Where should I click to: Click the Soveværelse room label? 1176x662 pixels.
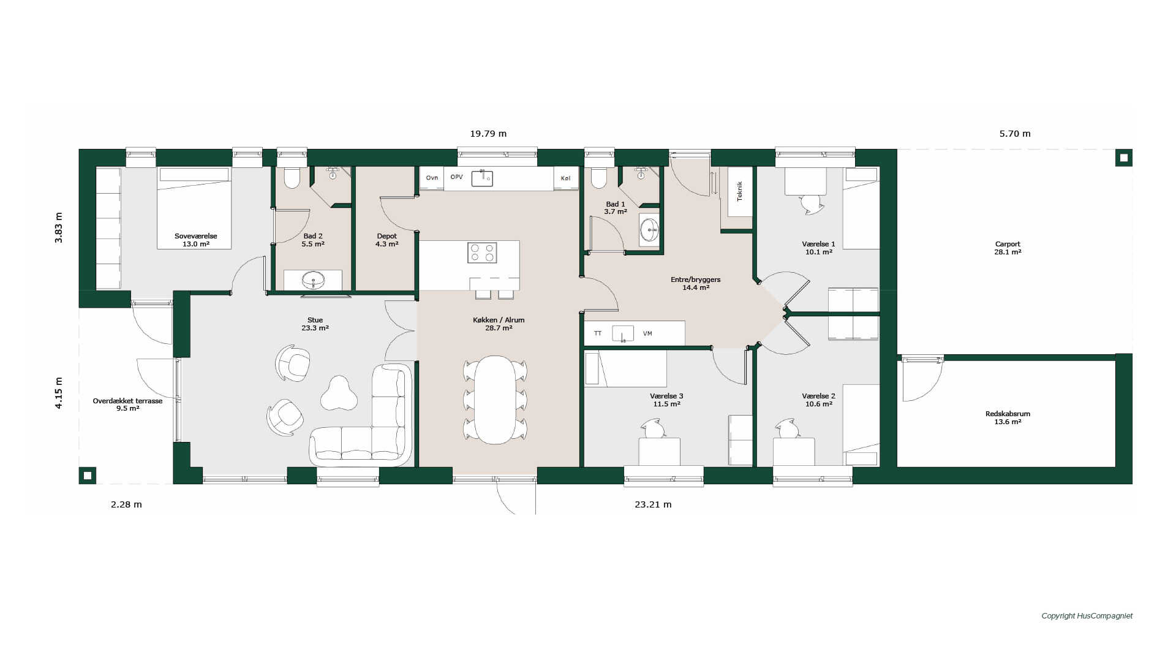pyautogui.click(x=196, y=236)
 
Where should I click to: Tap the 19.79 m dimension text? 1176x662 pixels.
pyautogui.click(x=488, y=134)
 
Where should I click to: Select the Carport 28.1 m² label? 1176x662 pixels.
pyautogui.click(x=1008, y=248)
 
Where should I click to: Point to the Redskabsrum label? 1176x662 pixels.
pyautogui.click(x=1008, y=414)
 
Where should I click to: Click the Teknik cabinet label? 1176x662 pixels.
pyautogui.click(x=740, y=191)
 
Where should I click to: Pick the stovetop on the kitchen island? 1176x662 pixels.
pyautogui.click(x=482, y=253)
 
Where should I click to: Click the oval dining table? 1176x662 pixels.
pyautogui.click(x=495, y=400)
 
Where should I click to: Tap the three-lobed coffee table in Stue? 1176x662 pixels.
pyautogui.click(x=339, y=393)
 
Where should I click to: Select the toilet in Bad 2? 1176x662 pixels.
pyautogui.click(x=292, y=177)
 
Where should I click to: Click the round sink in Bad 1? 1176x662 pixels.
pyautogui.click(x=649, y=230)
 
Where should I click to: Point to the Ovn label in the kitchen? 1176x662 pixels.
pyautogui.click(x=432, y=178)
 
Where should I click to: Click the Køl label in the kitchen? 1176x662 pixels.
pyautogui.click(x=565, y=178)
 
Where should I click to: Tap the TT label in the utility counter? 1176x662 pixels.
pyautogui.click(x=598, y=333)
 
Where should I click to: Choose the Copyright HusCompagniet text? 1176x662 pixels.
pyautogui.click(x=1087, y=616)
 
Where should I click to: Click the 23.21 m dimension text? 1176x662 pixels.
pyautogui.click(x=653, y=504)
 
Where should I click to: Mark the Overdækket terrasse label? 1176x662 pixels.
pyautogui.click(x=127, y=401)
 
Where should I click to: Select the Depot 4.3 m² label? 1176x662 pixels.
pyautogui.click(x=387, y=240)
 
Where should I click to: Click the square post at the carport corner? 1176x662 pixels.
pyautogui.click(x=1124, y=158)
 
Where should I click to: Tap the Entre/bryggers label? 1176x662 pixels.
pyautogui.click(x=696, y=280)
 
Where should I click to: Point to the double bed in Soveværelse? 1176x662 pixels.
pyautogui.click(x=194, y=208)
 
